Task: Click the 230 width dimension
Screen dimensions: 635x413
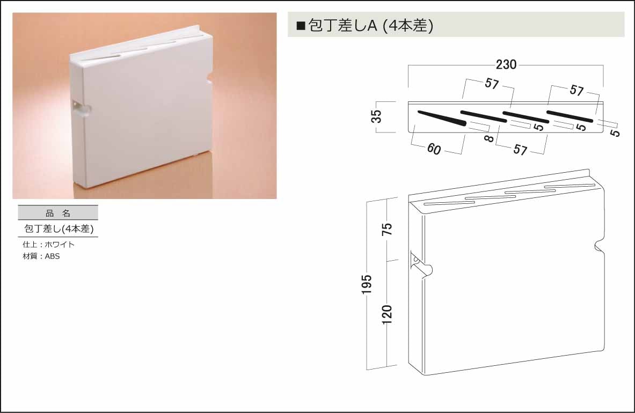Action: click(x=506, y=64)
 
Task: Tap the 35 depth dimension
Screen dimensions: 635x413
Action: click(x=376, y=116)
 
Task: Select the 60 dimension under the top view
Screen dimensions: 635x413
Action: click(x=434, y=149)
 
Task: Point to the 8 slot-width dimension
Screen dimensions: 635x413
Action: click(x=489, y=138)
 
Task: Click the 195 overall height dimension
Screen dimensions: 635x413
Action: click(x=366, y=284)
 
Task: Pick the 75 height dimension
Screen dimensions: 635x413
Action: click(x=387, y=229)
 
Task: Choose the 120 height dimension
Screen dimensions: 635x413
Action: click(x=387, y=315)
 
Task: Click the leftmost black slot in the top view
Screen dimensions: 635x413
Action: click(x=442, y=117)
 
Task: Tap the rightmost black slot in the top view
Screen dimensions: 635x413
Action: click(x=570, y=116)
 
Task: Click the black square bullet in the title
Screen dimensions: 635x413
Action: click(x=301, y=26)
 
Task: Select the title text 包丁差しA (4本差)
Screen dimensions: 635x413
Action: click(x=370, y=26)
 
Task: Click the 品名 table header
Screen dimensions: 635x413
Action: click(x=58, y=213)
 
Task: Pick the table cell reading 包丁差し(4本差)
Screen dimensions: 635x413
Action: click(x=59, y=229)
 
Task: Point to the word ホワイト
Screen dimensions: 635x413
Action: click(x=60, y=245)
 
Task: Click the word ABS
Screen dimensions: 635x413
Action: click(x=52, y=256)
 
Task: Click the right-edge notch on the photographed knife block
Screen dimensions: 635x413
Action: click(x=209, y=78)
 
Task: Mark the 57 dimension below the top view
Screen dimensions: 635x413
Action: click(x=520, y=150)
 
